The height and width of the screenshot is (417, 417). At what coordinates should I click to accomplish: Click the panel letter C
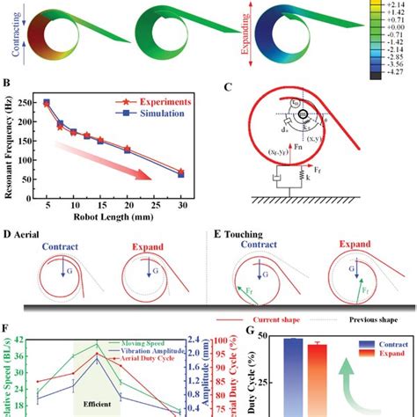pos(229,87)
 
